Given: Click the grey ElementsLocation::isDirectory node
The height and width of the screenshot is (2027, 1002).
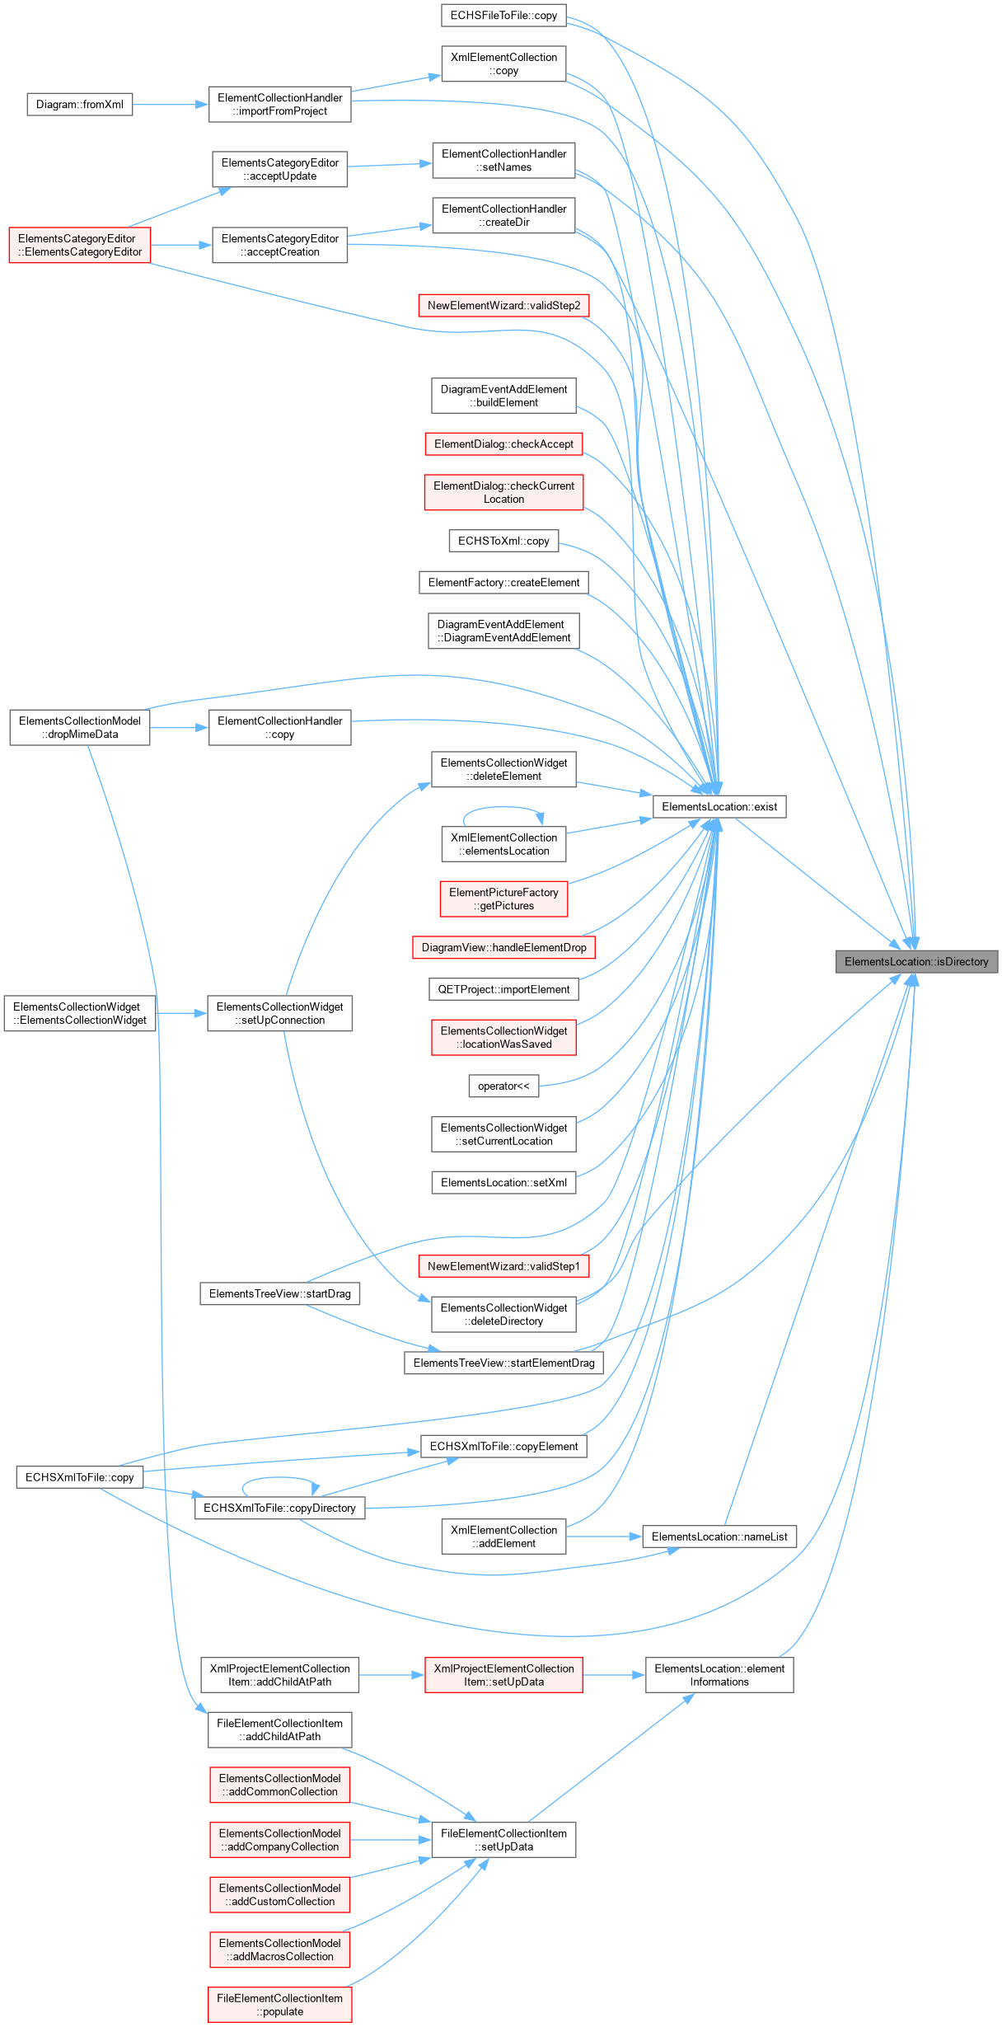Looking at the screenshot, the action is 916,961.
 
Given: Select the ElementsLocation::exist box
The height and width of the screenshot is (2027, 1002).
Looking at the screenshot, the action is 719,806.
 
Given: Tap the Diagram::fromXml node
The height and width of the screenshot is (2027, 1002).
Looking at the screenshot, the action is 80,105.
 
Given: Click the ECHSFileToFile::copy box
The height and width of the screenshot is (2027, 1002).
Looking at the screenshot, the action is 503,16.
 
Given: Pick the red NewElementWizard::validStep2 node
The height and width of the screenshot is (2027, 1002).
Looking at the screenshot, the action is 503,305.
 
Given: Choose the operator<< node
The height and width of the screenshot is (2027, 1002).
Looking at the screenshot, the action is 503,1086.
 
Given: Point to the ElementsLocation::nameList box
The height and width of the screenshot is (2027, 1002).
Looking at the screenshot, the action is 719,1537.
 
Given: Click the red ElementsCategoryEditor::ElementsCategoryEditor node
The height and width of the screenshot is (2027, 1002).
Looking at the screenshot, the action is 80,245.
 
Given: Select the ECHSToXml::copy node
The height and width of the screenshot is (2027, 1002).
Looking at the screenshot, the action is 503,541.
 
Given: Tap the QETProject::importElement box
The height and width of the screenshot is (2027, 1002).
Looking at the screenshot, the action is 503,989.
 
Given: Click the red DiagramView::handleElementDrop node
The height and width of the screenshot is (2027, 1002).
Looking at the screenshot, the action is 503,947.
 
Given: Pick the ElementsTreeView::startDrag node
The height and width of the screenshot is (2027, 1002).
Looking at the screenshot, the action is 280,1293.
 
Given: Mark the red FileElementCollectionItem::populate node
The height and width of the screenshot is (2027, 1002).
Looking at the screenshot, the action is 280,2005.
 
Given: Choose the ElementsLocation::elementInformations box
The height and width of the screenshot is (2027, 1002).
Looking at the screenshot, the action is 719,1675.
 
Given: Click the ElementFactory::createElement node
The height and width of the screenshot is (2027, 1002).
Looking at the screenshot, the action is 503,582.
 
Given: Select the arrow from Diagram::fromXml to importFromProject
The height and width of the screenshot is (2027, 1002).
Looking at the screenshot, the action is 171,105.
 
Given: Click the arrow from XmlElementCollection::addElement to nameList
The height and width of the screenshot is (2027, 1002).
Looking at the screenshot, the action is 604,1537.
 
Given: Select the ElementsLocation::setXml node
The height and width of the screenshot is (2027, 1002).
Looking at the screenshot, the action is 503,1182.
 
